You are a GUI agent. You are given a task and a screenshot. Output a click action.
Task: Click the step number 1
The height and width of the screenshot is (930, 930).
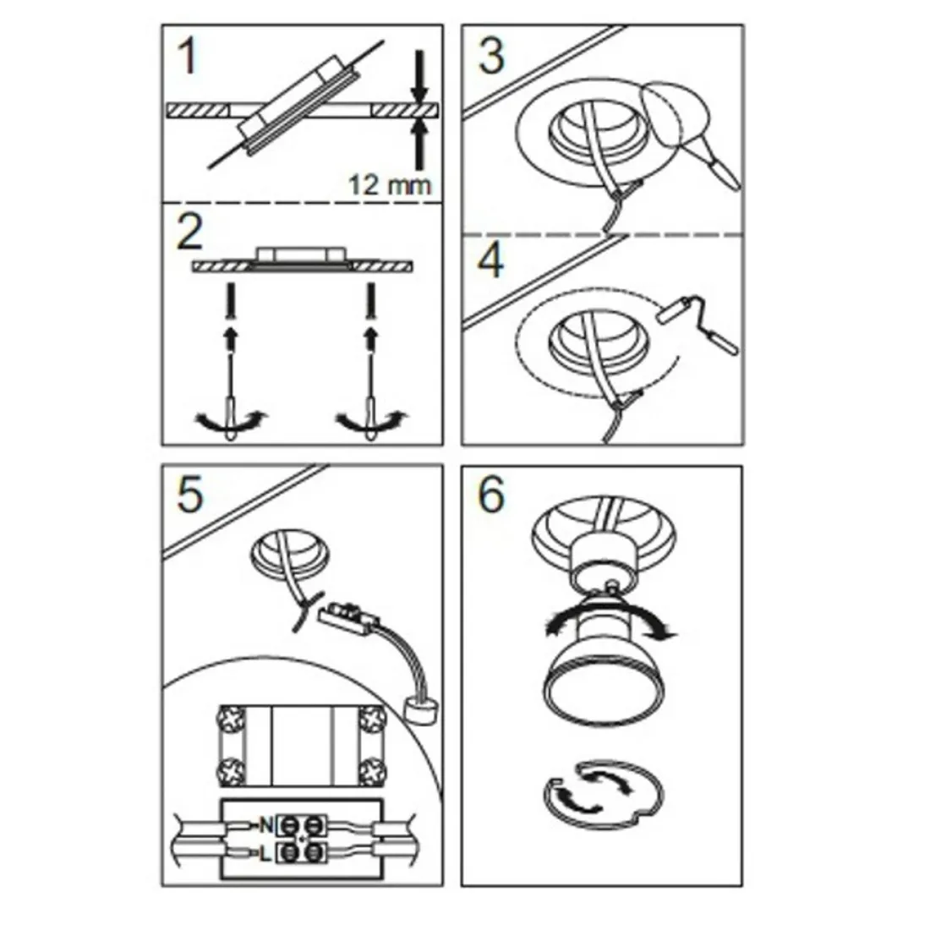188,57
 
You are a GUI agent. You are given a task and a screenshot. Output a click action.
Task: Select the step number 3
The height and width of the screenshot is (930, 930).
490,56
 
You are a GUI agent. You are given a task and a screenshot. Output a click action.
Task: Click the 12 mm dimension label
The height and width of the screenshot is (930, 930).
390,183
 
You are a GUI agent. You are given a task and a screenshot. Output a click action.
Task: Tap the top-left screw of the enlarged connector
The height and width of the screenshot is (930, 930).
232,719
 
